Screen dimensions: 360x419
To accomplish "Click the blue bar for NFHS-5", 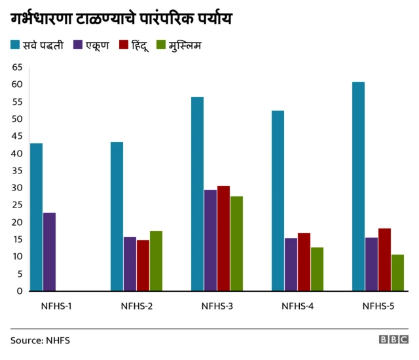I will pyautogui.click(x=358, y=187).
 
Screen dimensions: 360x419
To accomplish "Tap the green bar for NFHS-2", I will pyautogui.click(x=156, y=261).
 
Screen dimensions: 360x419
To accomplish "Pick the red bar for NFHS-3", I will pyautogui.click(x=223, y=238).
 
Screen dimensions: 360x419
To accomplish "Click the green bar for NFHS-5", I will pyautogui.click(x=397, y=273).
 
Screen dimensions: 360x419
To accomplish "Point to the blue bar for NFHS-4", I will pyautogui.click(x=278, y=201).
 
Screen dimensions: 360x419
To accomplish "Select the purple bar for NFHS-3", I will pyautogui.click(x=210, y=240).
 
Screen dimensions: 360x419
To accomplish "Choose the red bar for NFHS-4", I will pyautogui.click(x=304, y=262).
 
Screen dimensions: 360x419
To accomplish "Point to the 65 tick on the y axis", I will pyautogui.click(x=17, y=67).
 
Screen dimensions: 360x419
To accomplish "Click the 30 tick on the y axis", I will pyautogui.click(x=17, y=188).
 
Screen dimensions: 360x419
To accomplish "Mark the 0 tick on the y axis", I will pyautogui.click(x=20, y=291).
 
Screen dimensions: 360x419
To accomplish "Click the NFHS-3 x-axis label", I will pyautogui.click(x=217, y=306).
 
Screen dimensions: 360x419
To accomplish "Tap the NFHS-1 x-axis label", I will pyautogui.click(x=56, y=306).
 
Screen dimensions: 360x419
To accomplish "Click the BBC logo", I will pyautogui.click(x=393, y=340).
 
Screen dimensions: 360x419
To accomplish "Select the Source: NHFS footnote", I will pyautogui.click(x=40, y=340).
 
